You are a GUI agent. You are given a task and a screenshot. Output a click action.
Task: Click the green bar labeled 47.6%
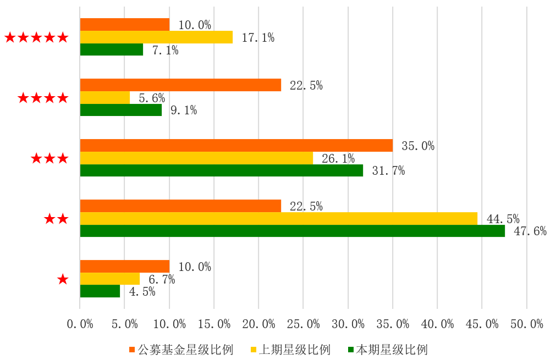point(292,231)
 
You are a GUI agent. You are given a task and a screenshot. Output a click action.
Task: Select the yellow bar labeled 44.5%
point(278,218)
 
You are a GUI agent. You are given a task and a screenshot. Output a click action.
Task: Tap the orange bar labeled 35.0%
point(236,145)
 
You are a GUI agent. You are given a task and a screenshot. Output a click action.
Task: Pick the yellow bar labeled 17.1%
point(156,37)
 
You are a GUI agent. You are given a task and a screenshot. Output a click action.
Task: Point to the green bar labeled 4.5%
point(100,291)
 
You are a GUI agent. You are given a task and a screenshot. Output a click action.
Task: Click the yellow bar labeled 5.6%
point(105,97)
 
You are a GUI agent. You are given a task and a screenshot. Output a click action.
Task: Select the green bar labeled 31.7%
point(222,170)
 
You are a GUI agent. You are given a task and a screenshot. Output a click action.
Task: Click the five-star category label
point(36,37)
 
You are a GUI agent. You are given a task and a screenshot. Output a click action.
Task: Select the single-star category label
point(63,279)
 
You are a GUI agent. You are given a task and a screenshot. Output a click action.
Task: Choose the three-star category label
point(49,158)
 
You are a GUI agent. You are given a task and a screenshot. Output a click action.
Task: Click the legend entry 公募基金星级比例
point(181,350)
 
